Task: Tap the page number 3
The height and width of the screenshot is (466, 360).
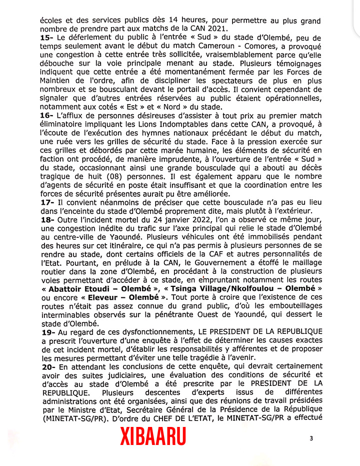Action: [x=311, y=438]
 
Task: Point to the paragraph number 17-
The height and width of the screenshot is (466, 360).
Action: [x=47, y=203]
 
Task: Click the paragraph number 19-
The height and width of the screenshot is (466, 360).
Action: [x=47, y=331]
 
